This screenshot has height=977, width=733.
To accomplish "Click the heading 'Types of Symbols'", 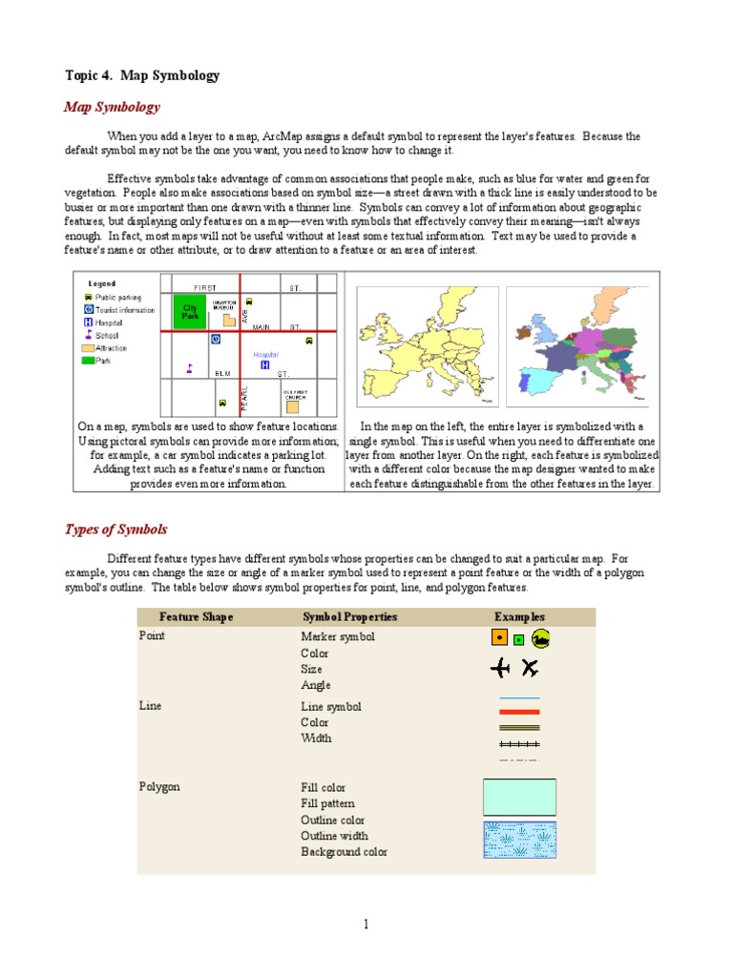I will coord(115,530).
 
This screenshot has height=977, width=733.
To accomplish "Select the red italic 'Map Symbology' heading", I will coord(112,107).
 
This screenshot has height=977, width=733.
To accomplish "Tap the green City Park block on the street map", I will coord(190,312).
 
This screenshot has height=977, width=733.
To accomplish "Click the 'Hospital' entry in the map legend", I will coord(108,322).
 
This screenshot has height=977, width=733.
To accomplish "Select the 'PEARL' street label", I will coord(244,397).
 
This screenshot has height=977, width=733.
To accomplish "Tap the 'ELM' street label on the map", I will coord(222,373).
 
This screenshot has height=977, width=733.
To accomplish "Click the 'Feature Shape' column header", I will coord(196,616).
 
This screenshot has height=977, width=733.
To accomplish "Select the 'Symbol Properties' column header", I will coord(349,616).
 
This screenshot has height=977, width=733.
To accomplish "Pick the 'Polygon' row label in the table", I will coord(159,787).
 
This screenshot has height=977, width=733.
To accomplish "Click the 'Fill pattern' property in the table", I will coord(326,803).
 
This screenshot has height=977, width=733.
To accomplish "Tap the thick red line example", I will coord(519,712).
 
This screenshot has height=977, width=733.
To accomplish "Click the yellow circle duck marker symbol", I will coord(540,638).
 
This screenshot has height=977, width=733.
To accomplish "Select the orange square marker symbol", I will coord(498,637).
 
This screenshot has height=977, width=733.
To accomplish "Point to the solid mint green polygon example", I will coord(519,797).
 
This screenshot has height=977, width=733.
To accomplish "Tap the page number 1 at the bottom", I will coord(366,924).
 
